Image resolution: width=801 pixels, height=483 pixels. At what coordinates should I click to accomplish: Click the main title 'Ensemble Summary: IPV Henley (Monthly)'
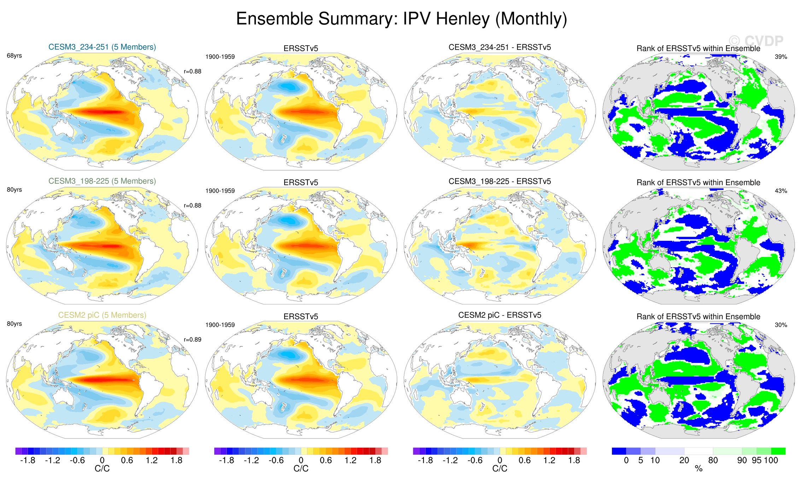click(401, 19)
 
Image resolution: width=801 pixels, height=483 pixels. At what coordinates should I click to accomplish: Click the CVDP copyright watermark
click(756, 41)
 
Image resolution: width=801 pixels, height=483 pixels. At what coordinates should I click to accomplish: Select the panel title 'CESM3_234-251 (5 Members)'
click(102, 47)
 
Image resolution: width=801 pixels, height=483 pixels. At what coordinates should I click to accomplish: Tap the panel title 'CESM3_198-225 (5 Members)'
click(102, 181)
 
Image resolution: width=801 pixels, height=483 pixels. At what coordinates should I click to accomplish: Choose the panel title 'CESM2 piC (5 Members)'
click(102, 315)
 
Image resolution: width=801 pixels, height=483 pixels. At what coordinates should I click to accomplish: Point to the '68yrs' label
click(14, 56)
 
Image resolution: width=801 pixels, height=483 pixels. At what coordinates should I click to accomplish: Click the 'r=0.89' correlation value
click(193, 340)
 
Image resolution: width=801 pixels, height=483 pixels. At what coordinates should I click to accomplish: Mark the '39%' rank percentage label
click(781, 57)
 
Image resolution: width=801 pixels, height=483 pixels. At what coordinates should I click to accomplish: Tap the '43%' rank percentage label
click(781, 191)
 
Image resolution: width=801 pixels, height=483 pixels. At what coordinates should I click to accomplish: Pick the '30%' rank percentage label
click(781, 325)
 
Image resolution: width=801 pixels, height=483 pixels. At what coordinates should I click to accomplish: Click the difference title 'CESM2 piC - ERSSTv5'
click(499, 315)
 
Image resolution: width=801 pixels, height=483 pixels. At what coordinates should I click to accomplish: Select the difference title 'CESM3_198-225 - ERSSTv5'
click(499, 181)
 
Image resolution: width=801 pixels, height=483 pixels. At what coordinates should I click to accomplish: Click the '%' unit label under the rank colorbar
click(698, 469)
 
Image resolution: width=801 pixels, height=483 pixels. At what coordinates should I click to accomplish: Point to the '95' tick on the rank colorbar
click(756, 460)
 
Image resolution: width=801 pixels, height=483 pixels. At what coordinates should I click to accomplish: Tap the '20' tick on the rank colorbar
click(684, 460)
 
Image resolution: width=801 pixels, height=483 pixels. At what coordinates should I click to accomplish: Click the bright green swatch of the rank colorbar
click(778, 451)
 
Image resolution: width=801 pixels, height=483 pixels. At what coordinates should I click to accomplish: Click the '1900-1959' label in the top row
click(220, 57)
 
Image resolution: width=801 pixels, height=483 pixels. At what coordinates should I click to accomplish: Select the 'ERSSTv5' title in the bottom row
click(301, 317)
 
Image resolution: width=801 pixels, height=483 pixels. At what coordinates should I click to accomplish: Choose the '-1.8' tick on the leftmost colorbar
click(28, 460)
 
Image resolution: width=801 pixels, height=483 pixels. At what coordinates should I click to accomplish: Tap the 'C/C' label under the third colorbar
click(499, 469)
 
